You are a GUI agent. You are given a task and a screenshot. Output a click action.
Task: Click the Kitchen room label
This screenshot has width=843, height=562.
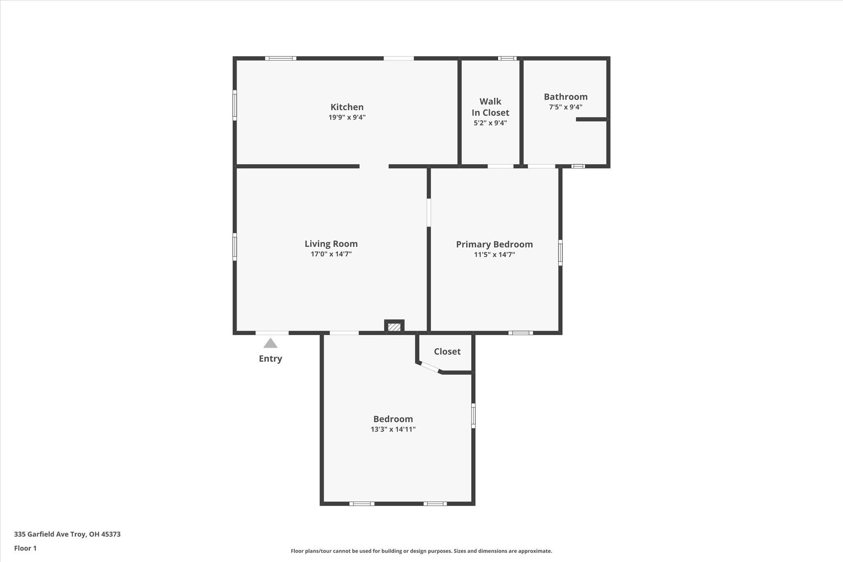[347, 107]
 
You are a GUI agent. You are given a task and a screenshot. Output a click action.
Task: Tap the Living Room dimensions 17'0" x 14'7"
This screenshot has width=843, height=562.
[331, 254]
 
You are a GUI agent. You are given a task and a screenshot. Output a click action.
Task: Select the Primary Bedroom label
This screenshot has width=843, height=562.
[494, 244]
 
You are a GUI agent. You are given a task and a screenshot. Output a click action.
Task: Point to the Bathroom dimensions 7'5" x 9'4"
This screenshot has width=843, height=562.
[566, 107]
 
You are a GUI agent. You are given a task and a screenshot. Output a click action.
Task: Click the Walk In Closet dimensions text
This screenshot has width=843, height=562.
[490, 123]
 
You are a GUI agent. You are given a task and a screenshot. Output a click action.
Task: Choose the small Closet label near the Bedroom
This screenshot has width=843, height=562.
[447, 351]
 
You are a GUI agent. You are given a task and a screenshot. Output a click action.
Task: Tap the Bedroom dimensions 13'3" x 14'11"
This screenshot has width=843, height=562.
[393, 429]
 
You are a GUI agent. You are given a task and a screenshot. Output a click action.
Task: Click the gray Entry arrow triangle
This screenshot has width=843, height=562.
[270, 343]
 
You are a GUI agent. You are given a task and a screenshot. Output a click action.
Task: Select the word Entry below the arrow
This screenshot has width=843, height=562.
[270, 359]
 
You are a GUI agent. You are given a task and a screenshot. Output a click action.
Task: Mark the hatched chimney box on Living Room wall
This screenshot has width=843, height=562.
[394, 327]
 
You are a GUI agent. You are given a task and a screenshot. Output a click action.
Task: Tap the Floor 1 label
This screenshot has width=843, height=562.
[26, 548]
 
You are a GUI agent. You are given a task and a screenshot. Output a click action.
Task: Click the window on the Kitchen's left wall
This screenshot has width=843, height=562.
[235, 105]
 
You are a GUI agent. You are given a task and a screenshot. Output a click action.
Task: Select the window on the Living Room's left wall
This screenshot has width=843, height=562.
[235, 247]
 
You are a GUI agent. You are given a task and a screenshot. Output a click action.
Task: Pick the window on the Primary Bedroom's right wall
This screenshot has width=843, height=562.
[560, 252]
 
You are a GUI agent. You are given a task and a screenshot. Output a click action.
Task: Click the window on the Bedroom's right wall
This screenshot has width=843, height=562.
[473, 415]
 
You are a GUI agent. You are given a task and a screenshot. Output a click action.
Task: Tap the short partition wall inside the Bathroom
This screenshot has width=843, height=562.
[591, 119]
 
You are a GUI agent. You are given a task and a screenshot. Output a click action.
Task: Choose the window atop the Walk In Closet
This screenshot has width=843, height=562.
[507, 58]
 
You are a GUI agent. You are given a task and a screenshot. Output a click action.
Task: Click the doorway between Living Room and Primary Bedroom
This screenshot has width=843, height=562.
[428, 213]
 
